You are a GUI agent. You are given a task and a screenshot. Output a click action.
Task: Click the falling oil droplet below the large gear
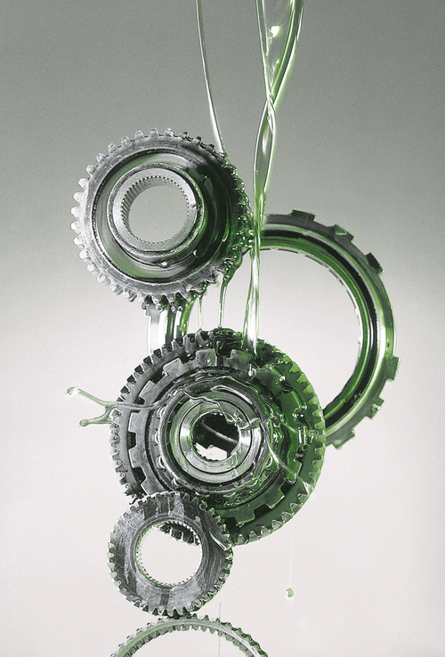click(x=289, y=592)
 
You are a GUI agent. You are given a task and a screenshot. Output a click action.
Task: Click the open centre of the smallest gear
click(x=168, y=557)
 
